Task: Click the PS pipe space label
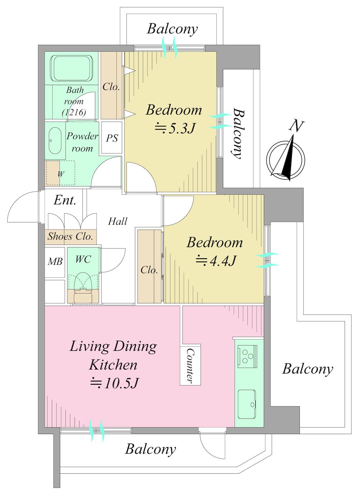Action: (x=112, y=138)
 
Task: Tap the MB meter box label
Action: (x=55, y=262)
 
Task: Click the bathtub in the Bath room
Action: (x=71, y=68)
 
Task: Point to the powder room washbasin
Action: (x=55, y=140)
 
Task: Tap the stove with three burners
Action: (x=247, y=356)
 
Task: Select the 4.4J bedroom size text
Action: (x=215, y=260)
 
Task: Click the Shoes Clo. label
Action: (x=70, y=236)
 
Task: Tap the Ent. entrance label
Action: (x=65, y=200)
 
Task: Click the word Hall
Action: (x=117, y=221)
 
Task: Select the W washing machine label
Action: (x=60, y=174)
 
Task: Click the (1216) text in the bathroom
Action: (x=74, y=112)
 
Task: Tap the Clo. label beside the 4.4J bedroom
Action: (x=149, y=270)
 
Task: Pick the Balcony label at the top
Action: (x=172, y=29)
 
